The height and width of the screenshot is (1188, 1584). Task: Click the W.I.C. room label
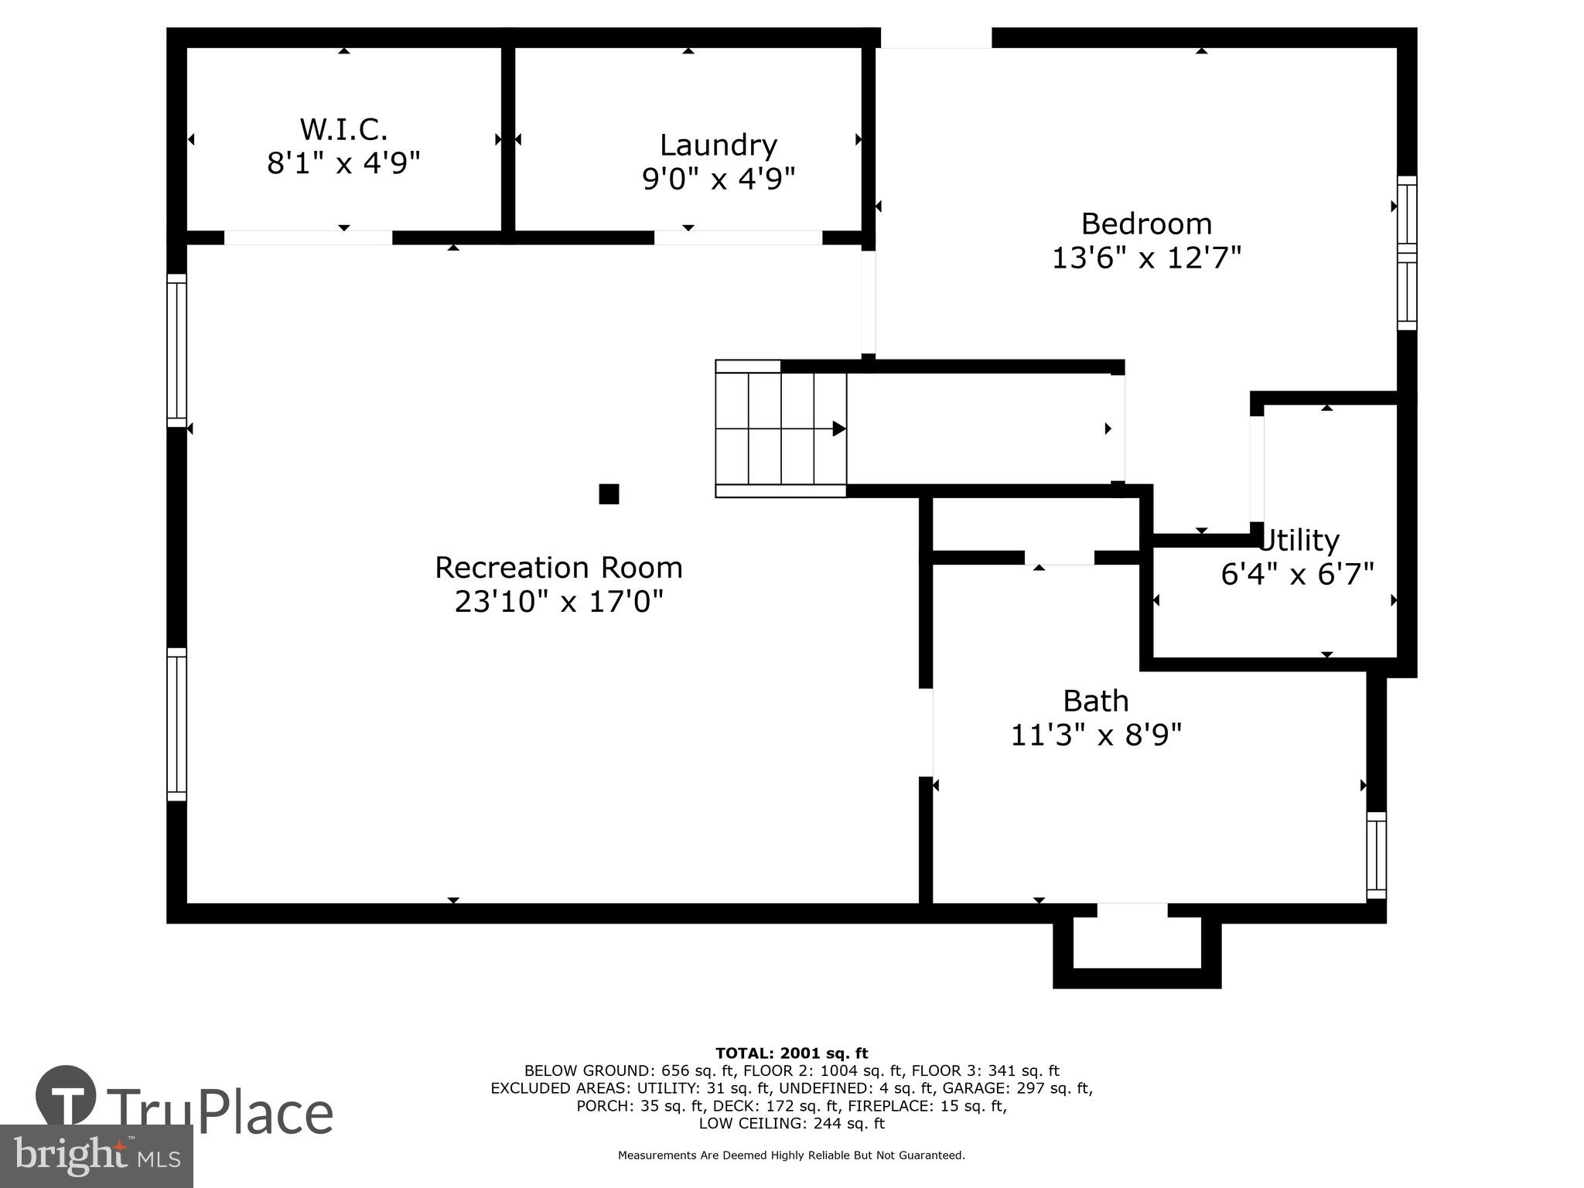click(x=343, y=128)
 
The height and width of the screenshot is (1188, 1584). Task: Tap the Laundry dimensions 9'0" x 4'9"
click(x=719, y=179)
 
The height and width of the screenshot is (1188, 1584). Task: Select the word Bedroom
click(x=1145, y=224)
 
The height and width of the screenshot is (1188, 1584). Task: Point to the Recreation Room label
click(x=558, y=568)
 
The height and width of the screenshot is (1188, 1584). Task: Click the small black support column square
click(x=609, y=494)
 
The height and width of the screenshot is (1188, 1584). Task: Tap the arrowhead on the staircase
click(x=838, y=428)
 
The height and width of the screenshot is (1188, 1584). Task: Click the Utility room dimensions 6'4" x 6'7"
click(x=1297, y=575)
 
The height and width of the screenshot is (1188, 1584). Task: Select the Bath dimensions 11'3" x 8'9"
click(x=1096, y=735)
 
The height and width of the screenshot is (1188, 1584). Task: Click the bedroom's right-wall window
click(x=1407, y=253)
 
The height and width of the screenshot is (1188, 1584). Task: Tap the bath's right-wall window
click(x=1376, y=855)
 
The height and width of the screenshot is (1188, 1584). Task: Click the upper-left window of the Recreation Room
click(x=177, y=350)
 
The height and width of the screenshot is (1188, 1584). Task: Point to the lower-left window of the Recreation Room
click(x=177, y=724)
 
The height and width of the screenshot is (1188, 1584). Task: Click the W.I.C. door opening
click(x=308, y=237)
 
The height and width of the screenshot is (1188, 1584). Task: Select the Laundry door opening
click(x=738, y=237)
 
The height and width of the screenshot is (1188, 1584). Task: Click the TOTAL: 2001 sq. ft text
click(x=791, y=1053)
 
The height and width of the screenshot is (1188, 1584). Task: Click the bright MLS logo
click(x=97, y=1156)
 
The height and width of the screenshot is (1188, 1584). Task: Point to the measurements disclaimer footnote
click(x=791, y=1156)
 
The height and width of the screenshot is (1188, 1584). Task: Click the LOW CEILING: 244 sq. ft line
click(x=791, y=1124)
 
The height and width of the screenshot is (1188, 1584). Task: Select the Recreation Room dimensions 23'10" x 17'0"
click(x=558, y=602)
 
